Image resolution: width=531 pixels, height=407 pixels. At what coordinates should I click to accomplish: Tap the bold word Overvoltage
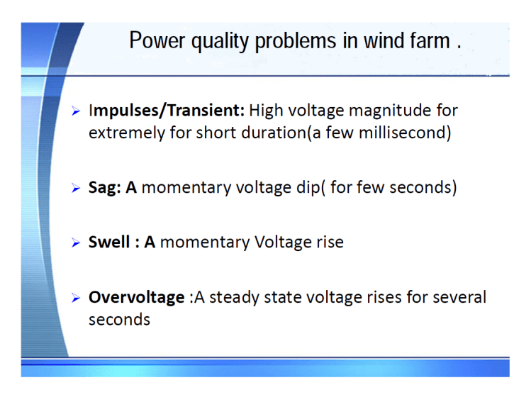click(x=136, y=297)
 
